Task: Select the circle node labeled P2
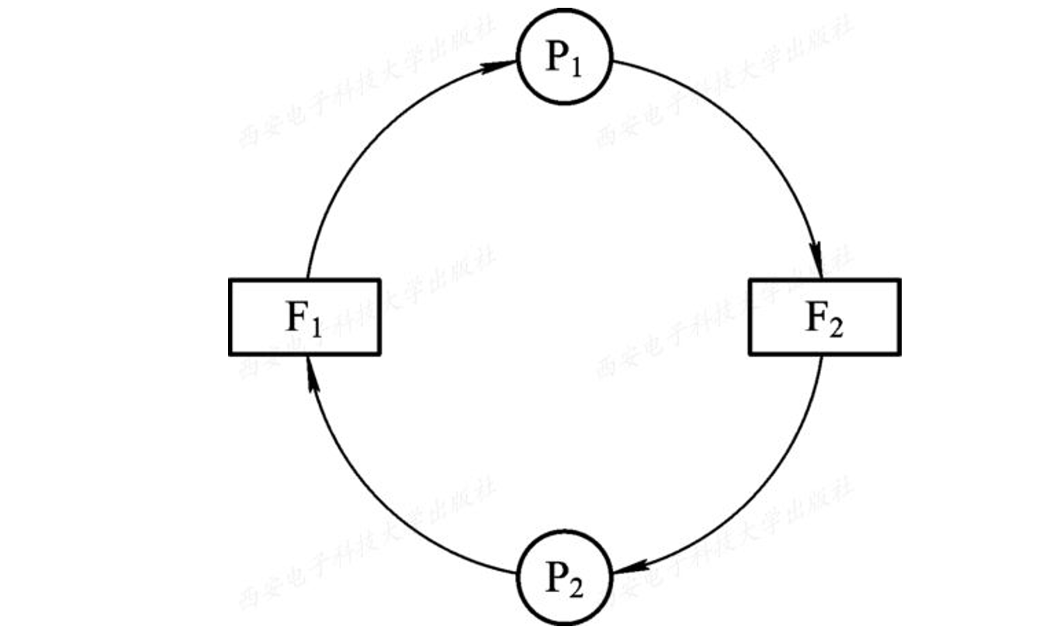tap(565, 576)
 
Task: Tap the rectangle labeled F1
tap(304, 317)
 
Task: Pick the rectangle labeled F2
tap(824, 317)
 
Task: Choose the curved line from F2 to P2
tap(764, 489)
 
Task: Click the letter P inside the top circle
tap(556, 58)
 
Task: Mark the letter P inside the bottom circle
tap(556, 577)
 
